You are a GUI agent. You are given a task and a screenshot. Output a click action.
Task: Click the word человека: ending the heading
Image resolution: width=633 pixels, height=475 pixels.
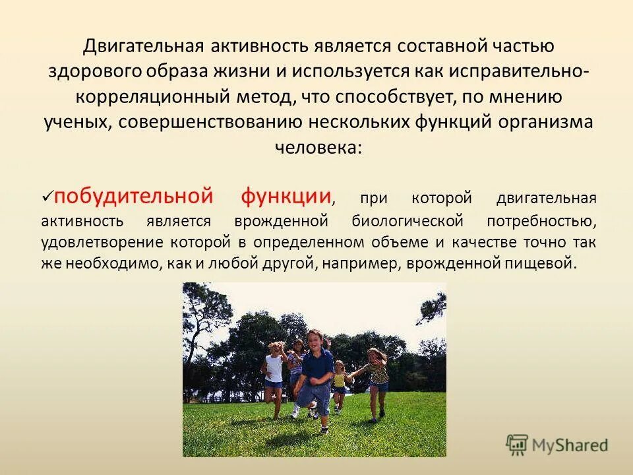click(x=318, y=146)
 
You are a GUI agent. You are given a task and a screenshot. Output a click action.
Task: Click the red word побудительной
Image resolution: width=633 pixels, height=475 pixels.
click(x=134, y=196)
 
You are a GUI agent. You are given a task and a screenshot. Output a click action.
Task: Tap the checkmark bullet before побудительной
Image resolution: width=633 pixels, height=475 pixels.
click(x=47, y=197)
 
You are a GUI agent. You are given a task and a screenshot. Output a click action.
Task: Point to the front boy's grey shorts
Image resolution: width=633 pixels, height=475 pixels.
click(x=314, y=394)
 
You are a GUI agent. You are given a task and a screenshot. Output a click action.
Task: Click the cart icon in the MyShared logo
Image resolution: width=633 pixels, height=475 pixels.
click(x=518, y=445)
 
